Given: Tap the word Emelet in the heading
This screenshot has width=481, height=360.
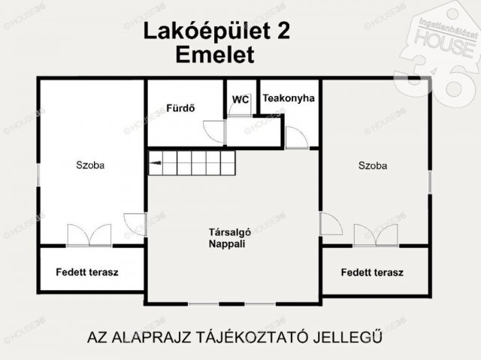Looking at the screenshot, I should coord(214,54).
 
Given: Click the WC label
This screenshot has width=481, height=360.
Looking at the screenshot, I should coord(240,99).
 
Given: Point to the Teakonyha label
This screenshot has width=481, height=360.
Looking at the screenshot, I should coord(289,98).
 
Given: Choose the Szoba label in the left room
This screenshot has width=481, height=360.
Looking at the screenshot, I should coord(89,165).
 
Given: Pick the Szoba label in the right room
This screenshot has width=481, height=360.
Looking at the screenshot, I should coord(373,165).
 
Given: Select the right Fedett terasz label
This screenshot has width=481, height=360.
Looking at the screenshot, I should coord(372,272).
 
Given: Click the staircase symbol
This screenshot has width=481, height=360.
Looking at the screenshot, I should coord(192,162).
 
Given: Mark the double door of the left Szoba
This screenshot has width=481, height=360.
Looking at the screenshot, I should coord(89,235).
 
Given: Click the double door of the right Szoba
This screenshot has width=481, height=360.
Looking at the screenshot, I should coord(376,235).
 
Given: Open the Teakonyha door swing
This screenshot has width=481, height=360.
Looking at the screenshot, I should coord(295,138).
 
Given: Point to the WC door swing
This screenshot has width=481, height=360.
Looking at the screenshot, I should coord(240,110).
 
